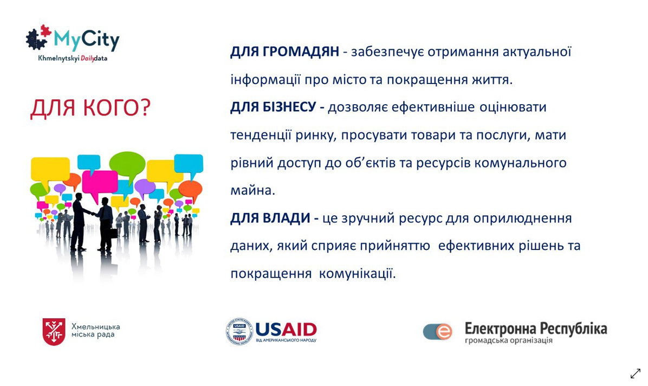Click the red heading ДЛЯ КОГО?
(91, 108)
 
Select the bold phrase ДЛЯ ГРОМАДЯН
(284, 52)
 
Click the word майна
(252, 190)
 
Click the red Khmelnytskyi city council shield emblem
(54, 331)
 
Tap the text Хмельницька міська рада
(95, 330)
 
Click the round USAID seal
(239, 331)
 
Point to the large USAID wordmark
(286, 329)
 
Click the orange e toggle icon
(437, 331)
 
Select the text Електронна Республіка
(536, 329)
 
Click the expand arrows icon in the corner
(635, 373)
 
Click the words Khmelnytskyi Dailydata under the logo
(73, 59)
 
